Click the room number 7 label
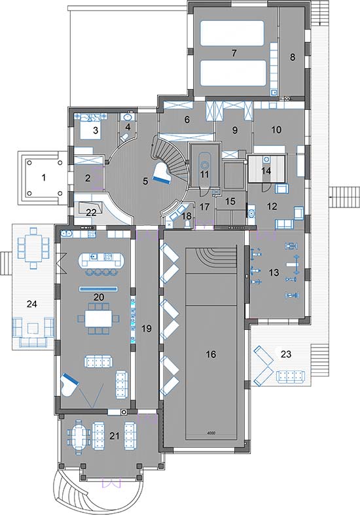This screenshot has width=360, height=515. pos(234,53)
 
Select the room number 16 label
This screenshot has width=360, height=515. pos(211,354)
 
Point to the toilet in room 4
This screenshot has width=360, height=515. pos(124,137)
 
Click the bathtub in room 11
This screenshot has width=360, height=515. pos(205,168)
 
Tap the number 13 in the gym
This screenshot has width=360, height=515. pos(274,272)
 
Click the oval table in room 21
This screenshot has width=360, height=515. pos(79,436)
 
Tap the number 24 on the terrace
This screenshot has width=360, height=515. pos(31,304)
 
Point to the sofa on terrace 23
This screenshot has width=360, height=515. pos(290,376)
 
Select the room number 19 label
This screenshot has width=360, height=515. pos(146,328)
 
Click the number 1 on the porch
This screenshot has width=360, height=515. pos(43,178)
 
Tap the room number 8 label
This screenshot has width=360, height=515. pos(293,57)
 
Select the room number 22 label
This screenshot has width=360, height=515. pos(92,212)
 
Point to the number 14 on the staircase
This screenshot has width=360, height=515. pos(266,171)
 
